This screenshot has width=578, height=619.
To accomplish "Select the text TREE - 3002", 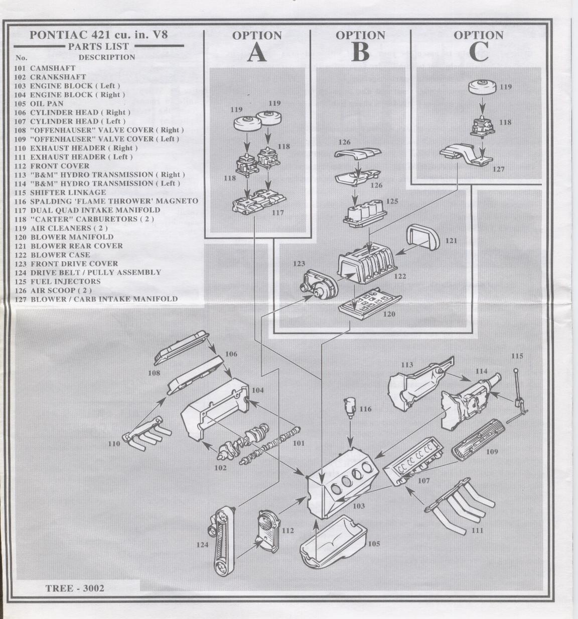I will coord(75,588).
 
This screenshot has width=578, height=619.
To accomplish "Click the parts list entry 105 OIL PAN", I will coord(40,104).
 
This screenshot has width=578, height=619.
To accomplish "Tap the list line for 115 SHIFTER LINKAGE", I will coord(61,192).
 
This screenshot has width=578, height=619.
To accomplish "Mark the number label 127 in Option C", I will coord(498,169).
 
